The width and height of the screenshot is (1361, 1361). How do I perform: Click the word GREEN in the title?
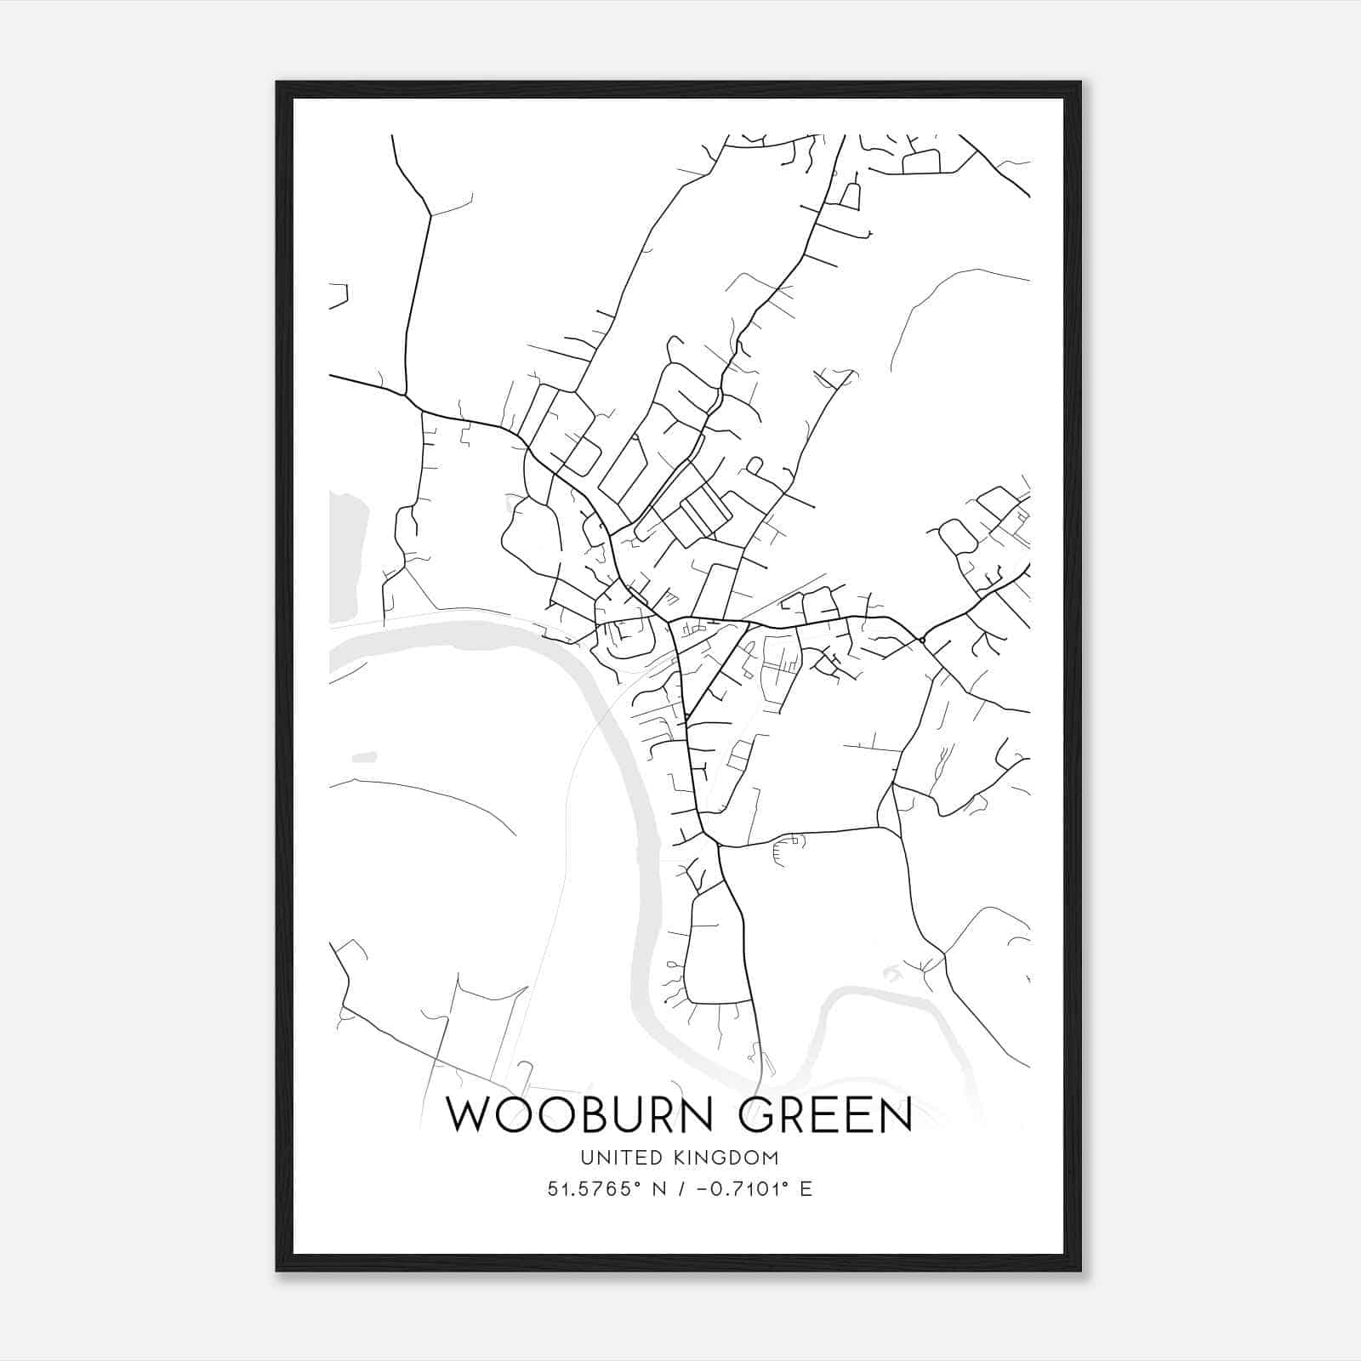tap(824, 1114)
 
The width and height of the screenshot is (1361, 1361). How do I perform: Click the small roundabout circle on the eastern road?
tap(922, 639)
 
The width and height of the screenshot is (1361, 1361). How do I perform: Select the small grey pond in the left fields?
tap(364, 756)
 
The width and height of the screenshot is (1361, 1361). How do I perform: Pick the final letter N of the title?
tap(895, 1114)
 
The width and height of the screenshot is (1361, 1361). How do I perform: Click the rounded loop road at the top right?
tap(920, 162)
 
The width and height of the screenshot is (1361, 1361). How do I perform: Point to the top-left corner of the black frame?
tap(278, 83)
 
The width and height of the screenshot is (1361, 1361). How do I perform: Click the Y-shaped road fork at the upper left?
tap(430, 214)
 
